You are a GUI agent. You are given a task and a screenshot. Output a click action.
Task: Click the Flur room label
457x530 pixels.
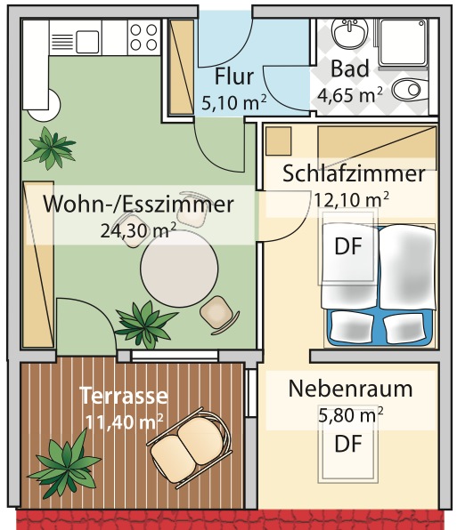click(x=234, y=76)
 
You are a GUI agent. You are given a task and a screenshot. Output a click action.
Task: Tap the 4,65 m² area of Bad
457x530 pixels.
click(x=350, y=95)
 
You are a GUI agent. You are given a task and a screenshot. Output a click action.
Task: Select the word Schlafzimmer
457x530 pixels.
click(x=354, y=173)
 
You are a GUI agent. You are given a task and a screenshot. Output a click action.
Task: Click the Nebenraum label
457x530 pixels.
click(x=351, y=389)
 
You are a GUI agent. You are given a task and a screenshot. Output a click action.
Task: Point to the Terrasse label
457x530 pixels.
click(x=124, y=396)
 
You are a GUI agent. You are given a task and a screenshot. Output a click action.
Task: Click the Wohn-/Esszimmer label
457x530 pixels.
click(x=138, y=205)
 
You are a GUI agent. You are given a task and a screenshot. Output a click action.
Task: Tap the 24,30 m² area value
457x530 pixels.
click(x=138, y=231)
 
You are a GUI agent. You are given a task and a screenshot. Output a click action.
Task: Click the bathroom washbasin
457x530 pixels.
click(x=350, y=33)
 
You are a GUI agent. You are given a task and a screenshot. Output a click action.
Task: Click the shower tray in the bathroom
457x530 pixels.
click(x=404, y=43)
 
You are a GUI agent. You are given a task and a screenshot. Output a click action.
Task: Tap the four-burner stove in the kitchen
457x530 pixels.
click(x=144, y=37)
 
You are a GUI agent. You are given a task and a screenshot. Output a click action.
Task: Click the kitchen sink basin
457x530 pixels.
click(x=87, y=42)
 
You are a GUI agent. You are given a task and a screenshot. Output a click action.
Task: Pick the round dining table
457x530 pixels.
click(x=179, y=269)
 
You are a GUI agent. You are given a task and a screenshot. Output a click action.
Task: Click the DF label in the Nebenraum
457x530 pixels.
click(x=348, y=444)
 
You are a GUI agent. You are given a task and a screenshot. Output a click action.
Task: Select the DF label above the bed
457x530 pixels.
click(x=348, y=246)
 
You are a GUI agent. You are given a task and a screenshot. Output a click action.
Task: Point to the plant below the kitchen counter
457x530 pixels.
click(x=50, y=149)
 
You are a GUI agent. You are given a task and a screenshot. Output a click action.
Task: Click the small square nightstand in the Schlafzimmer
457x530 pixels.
click(x=278, y=141)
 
